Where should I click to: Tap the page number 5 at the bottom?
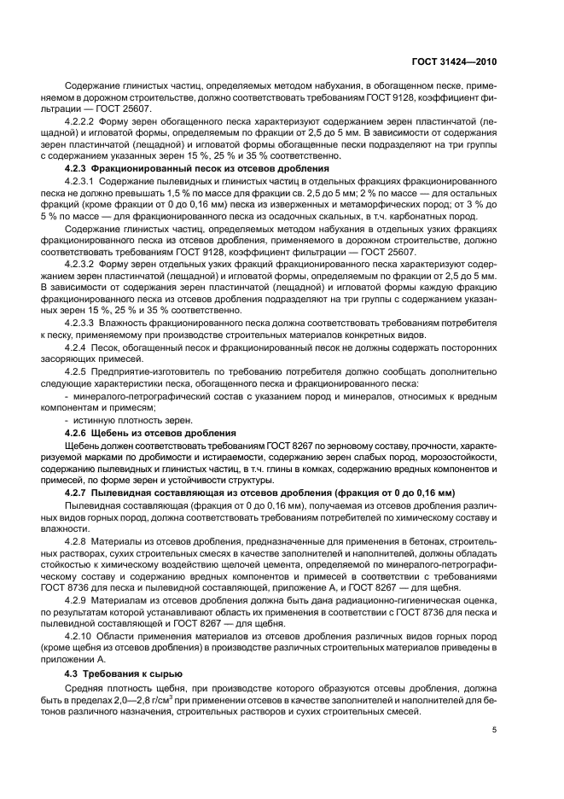click(495, 730)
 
